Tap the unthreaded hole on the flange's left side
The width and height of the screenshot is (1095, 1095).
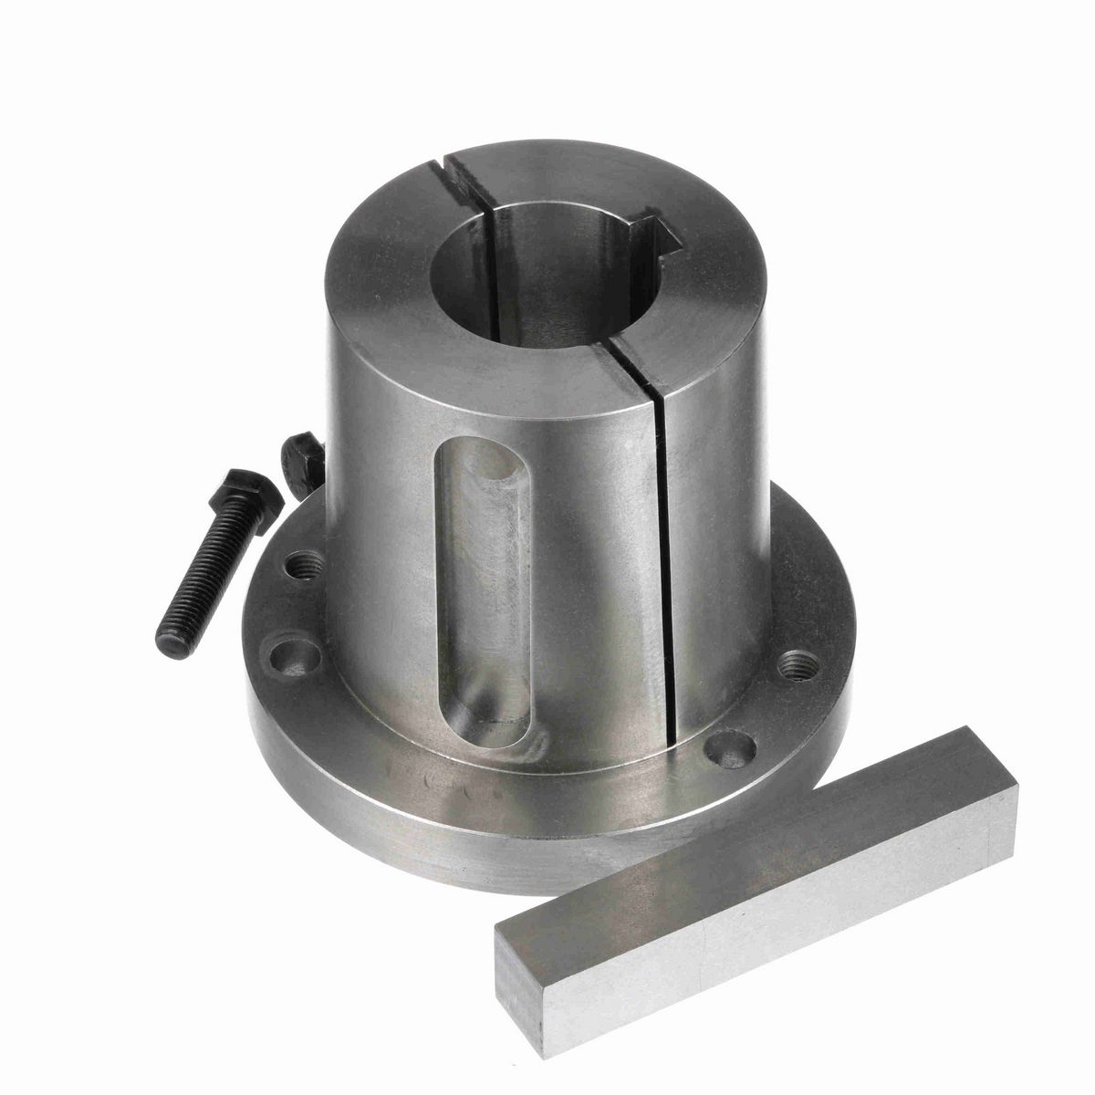(282, 654)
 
